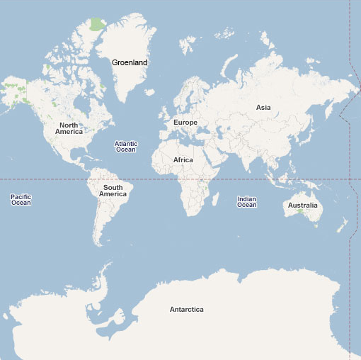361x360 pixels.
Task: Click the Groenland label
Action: [x=130, y=62]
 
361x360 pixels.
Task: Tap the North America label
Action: [x=69, y=128]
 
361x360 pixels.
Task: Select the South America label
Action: [x=113, y=191]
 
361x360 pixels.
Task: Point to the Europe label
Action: [x=185, y=123]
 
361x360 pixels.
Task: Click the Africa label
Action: [x=183, y=160]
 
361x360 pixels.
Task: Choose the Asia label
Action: [x=263, y=108]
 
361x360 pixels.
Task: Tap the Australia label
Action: [x=302, y=206]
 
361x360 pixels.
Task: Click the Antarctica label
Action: [x=187, y=310]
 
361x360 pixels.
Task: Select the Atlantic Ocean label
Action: [x=126, y=147]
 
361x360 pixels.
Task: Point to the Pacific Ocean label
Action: [x=21, y=200]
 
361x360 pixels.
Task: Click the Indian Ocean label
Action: [x=246, y=202]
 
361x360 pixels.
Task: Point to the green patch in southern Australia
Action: [x=301, y=211]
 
